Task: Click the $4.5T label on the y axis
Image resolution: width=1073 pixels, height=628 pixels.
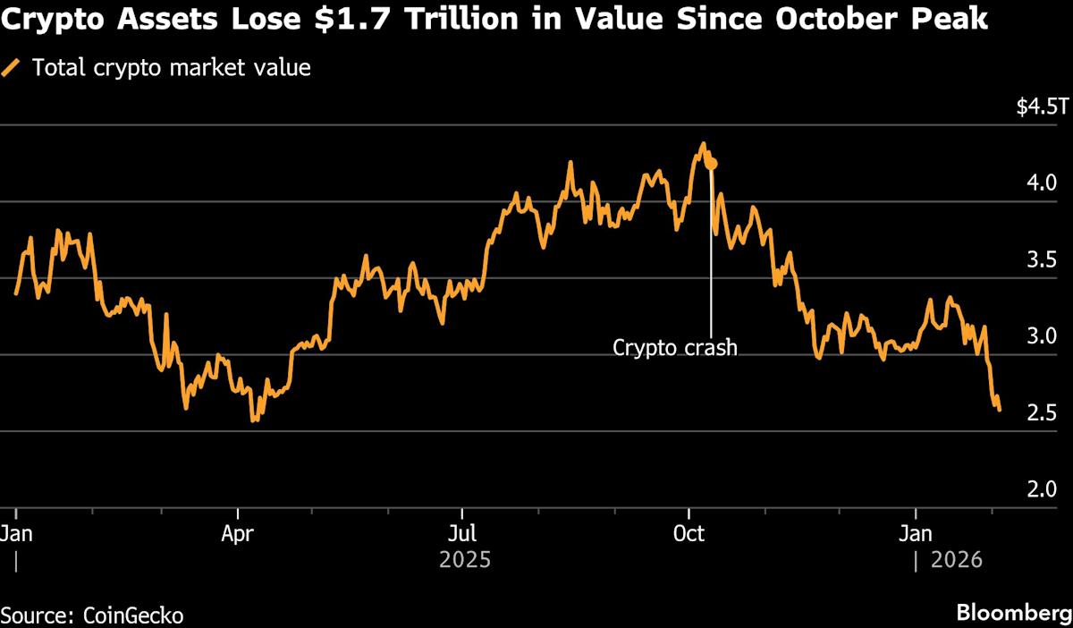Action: [1042, 107]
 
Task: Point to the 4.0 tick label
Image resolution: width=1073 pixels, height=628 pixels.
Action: [1043, 183]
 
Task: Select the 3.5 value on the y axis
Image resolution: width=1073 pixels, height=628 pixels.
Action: [1043, 260]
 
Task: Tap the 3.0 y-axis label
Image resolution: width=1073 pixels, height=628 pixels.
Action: [1043, 337]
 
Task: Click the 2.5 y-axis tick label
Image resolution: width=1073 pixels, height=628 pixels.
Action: [1043, 413]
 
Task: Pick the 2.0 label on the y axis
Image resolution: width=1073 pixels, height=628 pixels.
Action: [1043, 490]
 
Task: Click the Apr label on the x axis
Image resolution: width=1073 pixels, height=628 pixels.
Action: [238, 535]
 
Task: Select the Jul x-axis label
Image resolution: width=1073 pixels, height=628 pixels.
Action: [462, 535]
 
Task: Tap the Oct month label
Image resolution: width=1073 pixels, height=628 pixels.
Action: [689, 535]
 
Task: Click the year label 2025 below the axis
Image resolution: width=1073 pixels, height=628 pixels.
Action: [465, 561]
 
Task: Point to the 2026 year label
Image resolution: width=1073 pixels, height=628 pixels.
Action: [957, 561]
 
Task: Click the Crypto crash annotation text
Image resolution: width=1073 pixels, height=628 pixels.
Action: [675, 347]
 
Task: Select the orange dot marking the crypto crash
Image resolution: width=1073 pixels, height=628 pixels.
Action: [711, 164]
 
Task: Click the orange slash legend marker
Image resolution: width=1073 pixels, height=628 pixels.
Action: [12, 67]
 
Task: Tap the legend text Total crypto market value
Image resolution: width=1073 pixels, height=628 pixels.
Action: [172, 67]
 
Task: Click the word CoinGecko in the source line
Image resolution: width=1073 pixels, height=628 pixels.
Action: [133, 615]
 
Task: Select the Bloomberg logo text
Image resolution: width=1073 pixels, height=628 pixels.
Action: [1012, 614]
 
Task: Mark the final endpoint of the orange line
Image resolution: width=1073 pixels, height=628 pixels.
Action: [999, 410]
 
